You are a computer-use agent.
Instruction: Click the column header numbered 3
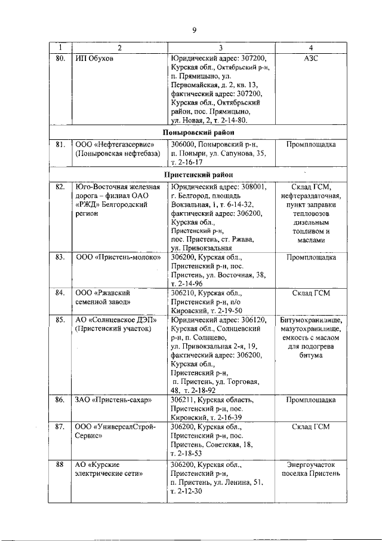point(220,48)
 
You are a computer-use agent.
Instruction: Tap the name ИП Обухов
point(94,58)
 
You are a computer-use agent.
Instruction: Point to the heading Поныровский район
point(198,132)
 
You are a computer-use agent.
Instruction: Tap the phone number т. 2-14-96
point(187,283)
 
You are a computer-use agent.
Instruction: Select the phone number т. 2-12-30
point(187,491)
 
